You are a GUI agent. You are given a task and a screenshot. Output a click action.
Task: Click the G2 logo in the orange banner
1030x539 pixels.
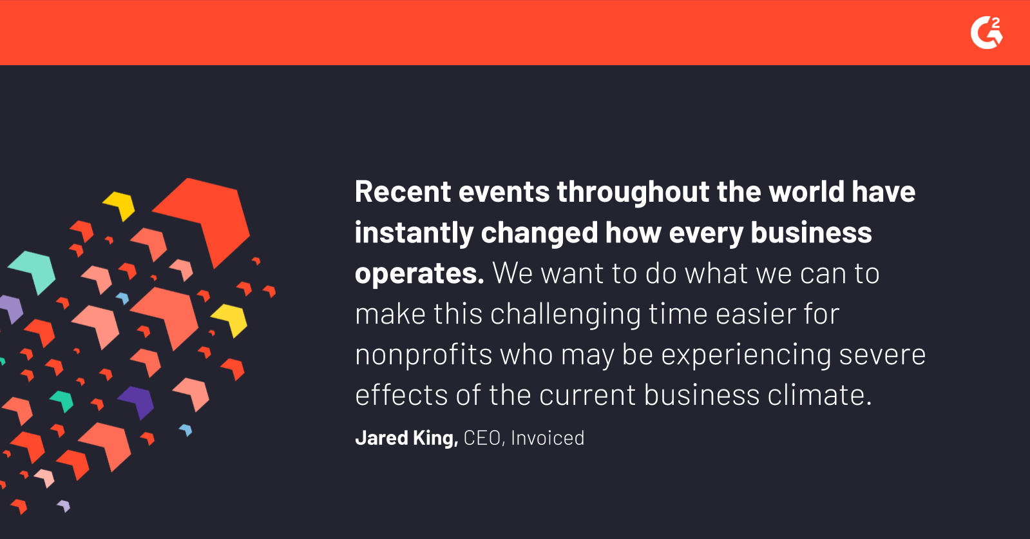click(x=987, y=32)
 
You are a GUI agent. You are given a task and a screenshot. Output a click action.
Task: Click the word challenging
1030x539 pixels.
click(x=566, y=315)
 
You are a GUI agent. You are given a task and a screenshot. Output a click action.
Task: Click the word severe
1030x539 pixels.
click(x=882, y=355)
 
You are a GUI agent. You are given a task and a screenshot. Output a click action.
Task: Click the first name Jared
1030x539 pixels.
click(x=381, y=438)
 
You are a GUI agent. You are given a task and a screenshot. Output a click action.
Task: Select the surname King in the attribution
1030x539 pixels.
click(x=435, y=438)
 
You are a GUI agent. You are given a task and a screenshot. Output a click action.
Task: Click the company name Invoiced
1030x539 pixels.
click(x=548, y=438)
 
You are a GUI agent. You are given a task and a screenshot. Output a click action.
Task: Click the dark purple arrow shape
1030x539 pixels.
click(x=137, y=402)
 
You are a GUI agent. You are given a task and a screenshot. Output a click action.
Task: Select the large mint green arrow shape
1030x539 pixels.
click(x=35, y=271)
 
